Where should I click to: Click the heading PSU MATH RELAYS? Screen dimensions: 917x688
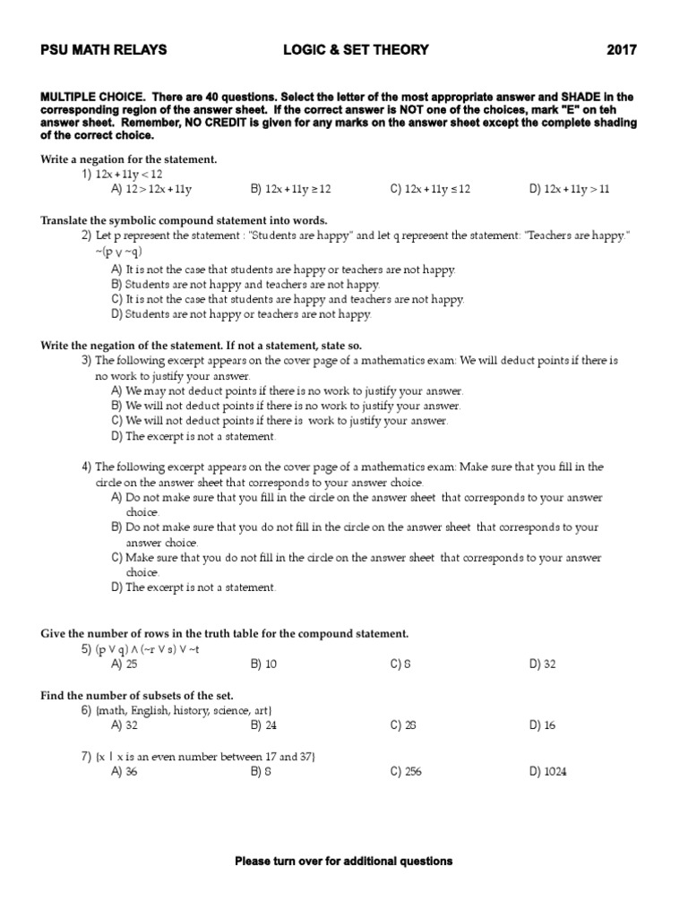point(104,51)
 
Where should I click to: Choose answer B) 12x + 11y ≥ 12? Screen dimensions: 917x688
point(291,189)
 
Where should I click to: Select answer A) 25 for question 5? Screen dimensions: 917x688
point(124,664)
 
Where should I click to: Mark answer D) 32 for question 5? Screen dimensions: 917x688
point(542,664)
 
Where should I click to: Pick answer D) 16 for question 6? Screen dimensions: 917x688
point(542,725)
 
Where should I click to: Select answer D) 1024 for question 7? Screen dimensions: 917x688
point(547,771)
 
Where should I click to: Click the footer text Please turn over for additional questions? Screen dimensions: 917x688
point(343,861)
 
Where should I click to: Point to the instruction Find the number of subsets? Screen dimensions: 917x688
point(137,695)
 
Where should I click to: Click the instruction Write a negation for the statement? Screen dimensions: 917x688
point(129,159)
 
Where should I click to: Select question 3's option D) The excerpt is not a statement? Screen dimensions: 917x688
point(194,437)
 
